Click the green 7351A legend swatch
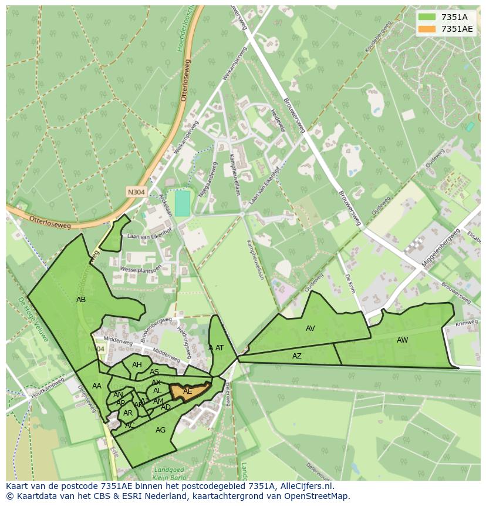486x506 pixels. tap(427, 17)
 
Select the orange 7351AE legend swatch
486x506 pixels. tap(427, 29)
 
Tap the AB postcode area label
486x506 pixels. tap(81, 299)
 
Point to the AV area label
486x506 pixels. tap(310, 329)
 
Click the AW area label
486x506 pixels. tap(402, 340)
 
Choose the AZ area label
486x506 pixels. tap(297, 356)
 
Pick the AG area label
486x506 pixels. tap(160, 430)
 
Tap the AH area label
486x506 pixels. tap(137, 365)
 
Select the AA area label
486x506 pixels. tap(97, 386)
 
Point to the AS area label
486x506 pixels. tap(154, 372)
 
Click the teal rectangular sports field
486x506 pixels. tap(183, 203)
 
